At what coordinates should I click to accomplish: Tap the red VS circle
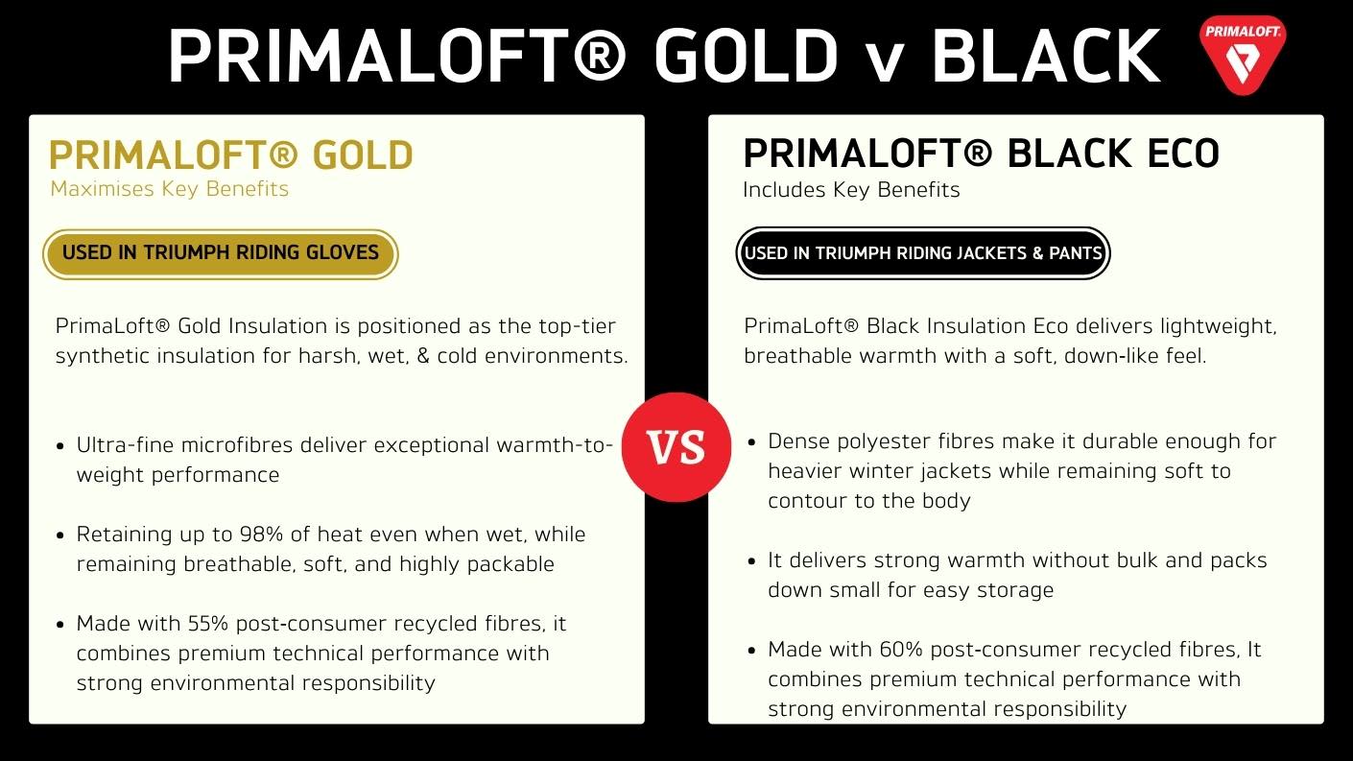pyautogui.click(x=676, y=447)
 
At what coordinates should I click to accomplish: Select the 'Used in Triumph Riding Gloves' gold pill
pyautogui.click(x=221, y=253)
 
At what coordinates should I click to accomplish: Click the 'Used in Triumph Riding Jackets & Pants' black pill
pyautogui.click(x=923, y=253)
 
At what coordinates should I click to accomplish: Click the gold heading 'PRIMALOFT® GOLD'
pyautogui.click(x=231, y=155)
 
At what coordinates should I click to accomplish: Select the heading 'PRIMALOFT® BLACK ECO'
pyautogui.click(x=981, y=154)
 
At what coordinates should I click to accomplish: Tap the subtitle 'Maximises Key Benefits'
pyautogui.click(x=169, y=189)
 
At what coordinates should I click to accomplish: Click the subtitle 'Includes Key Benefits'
pyautogui.click(x=851, y=190)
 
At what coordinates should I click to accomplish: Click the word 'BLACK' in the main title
pyautogui.click(x=1046, y=57)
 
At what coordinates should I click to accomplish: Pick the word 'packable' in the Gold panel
pyautogui.click(x=512, y=564)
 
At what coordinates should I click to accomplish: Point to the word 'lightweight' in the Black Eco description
pyautogui.click(x=1217, y=326)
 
